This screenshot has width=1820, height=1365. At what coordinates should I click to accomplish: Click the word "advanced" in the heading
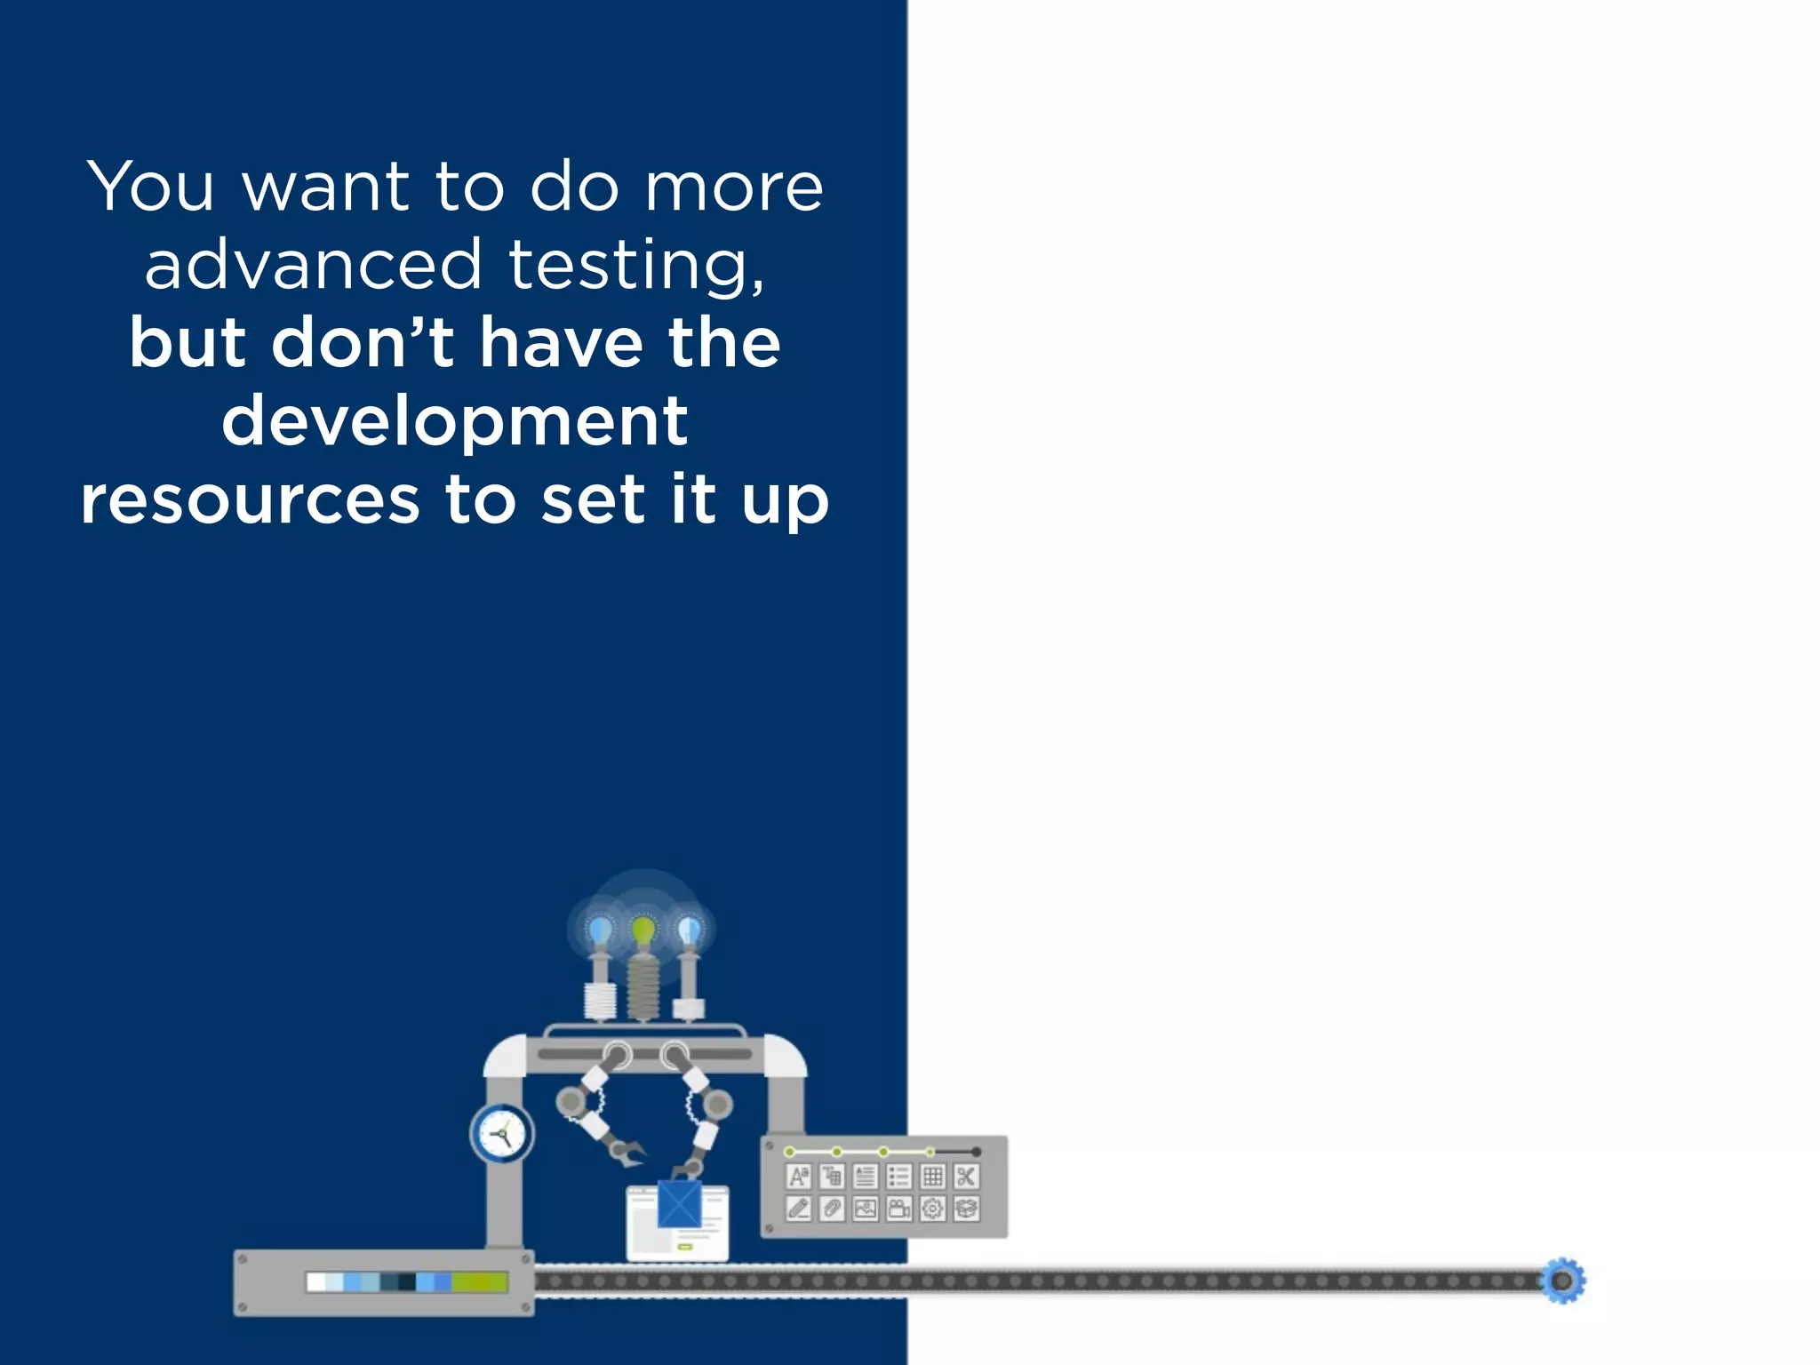click(314, 264)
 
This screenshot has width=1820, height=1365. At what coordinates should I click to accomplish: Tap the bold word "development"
click(454, 420)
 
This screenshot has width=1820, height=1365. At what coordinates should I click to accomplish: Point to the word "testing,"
click(636, 266)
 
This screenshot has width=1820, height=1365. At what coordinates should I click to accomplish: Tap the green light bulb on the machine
click(643, 932)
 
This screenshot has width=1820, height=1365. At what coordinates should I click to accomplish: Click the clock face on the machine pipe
click(502, 1134)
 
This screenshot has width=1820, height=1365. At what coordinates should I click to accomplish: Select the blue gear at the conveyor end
click(1562, 1281)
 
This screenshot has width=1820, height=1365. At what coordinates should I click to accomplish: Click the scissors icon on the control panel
click(966, 1177)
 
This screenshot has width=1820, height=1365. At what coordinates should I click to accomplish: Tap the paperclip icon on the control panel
click(832, 1209)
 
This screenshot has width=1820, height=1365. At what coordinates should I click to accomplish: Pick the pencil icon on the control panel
click(798, 1209)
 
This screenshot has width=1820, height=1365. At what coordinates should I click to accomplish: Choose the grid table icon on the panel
click(932, 1177)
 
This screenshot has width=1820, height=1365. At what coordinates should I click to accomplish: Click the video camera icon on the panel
click(899, 1209)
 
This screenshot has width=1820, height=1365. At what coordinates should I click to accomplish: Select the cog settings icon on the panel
click(932, 1209)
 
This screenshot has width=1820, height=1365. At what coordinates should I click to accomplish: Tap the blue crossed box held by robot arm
click(680, 1204)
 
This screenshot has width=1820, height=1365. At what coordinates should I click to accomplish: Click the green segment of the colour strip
click(480, 1281)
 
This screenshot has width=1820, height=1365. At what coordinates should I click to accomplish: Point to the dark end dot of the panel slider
click(976, 1152)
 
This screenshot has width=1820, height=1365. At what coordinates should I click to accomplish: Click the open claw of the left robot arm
click(629, 1153)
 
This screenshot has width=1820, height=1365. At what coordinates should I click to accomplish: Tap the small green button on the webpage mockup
click(685, 1247)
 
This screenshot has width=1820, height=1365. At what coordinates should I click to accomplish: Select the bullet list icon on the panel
click(899, 1177)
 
